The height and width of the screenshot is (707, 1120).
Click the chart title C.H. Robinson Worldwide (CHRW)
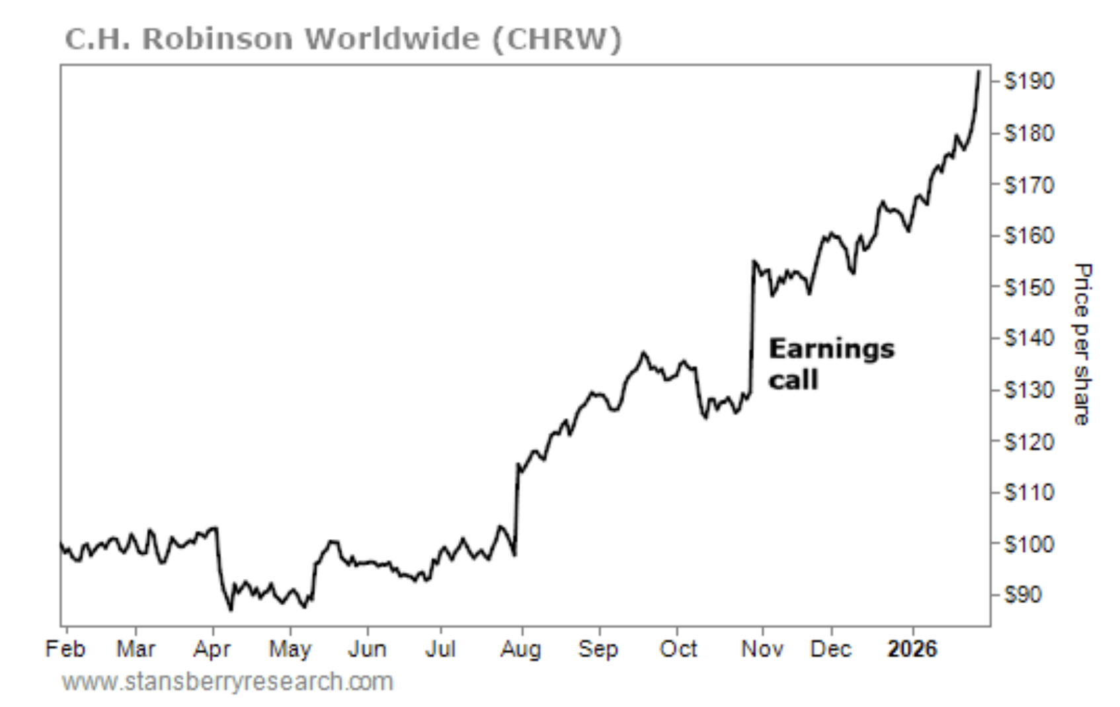(x=343, y=39)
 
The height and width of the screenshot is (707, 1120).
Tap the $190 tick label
(x=1029, y=81)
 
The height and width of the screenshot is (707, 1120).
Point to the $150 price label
(x=1029, y=287)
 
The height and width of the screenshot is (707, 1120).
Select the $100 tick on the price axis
(x=1029, y=544)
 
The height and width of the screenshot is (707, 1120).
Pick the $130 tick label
(x=1029, y=390)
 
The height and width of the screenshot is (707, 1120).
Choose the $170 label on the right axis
(x=1029, y=184)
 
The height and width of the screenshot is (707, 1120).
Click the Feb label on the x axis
(x=65, y=649)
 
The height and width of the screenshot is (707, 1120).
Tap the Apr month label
(x=212, y=649)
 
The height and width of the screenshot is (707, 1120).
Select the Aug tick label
(x=521, y=649)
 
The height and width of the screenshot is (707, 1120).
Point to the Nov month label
(x=762, y=649)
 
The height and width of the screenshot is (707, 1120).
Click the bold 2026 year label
(x=912, y=649)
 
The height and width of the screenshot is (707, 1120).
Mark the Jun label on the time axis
(x=367, y=649)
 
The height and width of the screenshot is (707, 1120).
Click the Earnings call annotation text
(x=831, y=364)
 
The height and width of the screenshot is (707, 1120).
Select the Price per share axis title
(x=1082, y=344)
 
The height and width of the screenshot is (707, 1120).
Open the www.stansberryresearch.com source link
(x=227, y=682)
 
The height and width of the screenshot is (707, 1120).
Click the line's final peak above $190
(x=979, y=71)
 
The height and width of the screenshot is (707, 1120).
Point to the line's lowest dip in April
(x=231, y=609)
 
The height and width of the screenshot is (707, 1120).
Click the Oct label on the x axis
(x=678, y=649)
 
